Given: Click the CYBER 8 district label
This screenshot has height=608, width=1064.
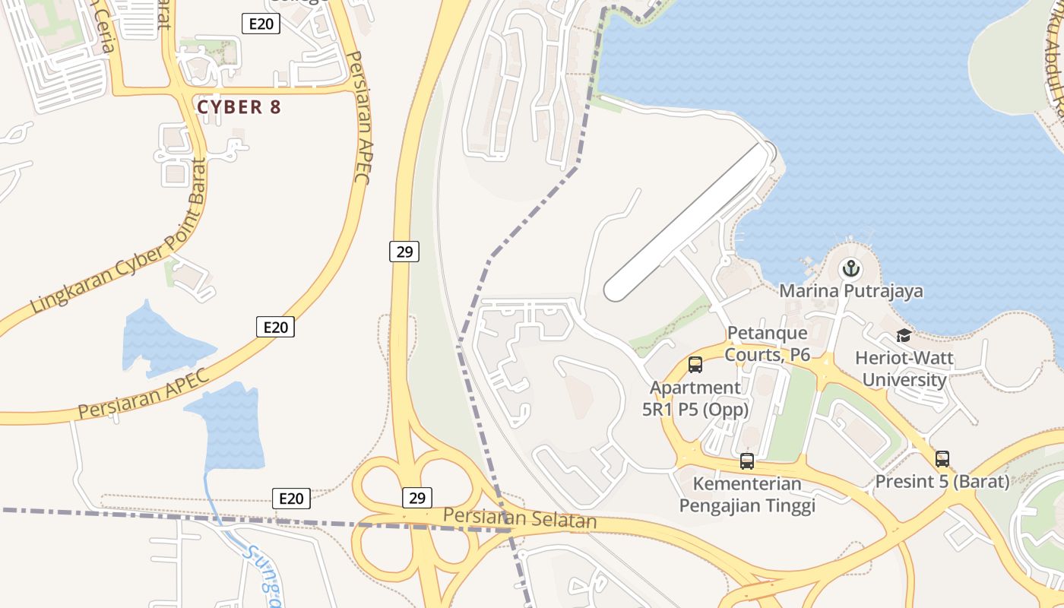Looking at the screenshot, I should click(239, 107).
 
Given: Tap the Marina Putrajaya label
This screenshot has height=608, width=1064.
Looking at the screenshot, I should click(851, 291).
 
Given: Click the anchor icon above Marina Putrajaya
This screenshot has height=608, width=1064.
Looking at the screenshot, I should click(850, 268).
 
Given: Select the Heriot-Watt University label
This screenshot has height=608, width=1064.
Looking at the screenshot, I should click(904, 369).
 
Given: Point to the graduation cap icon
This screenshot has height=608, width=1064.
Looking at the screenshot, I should click(904, 335).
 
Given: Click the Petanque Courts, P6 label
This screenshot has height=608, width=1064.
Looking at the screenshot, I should click(768, 344).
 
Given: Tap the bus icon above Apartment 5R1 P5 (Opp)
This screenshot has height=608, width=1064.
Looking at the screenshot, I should click(695, 365).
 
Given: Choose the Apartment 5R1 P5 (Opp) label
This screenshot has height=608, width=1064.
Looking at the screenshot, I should click(695, 399).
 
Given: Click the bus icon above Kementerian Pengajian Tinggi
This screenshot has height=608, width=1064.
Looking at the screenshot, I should click(746, 461).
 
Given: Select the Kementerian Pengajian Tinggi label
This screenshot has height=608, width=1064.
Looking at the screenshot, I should click(746, 495).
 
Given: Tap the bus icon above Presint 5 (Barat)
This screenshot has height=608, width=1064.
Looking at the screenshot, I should click(942, 458).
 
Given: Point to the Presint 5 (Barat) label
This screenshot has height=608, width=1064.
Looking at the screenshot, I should click(942, 482).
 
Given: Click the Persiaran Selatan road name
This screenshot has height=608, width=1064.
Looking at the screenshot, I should click(520, 518).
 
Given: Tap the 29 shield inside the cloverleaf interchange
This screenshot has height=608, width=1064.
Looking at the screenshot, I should click(416, 498).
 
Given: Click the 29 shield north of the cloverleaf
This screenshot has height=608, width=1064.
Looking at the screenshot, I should click(404, 252).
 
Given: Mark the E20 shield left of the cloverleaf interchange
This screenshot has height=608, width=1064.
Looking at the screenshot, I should click(291, 499).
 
